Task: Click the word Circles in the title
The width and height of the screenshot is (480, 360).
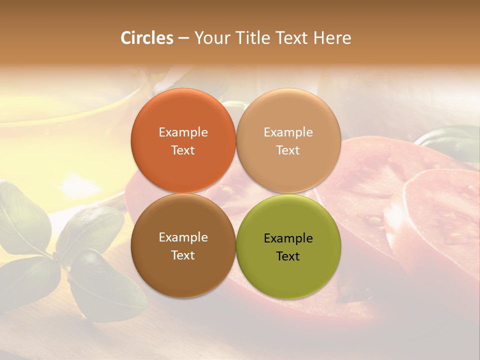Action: pyautogui.click(x=147, y=38)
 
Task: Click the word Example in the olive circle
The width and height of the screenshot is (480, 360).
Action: pyautogui.click(x=288, y=238)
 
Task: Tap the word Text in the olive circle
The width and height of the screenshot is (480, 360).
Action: pyautogui.click(x=288, y=256)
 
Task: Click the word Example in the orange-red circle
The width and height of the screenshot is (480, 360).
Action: pyautogui.click(x=183, y=132)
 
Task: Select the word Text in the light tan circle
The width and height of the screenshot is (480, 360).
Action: pyautogui.click(x=288, y=150)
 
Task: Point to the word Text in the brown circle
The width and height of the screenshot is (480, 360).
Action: pyautogui.click(x=183, y=255)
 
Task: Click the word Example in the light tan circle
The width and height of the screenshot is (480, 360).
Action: pyautogui.click(x=288, y=132)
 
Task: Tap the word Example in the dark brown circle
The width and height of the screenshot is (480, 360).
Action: pyautogui.click(x=183, y=237)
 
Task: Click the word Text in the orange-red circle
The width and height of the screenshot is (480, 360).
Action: pyautogui.click(x=183, y=150)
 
